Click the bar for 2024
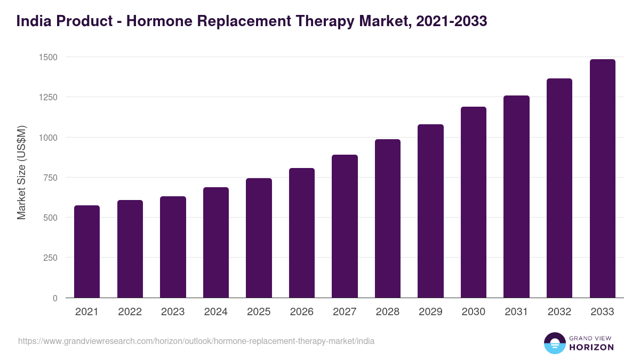216,243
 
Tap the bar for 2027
345,226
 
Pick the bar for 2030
474,202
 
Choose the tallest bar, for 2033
602,179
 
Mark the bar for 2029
430,211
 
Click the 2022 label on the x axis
130,312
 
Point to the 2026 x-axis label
302,312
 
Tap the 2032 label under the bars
559,312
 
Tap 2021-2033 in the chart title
451,21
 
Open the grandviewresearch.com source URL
196,341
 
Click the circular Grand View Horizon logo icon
554,343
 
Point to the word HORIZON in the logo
591,347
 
